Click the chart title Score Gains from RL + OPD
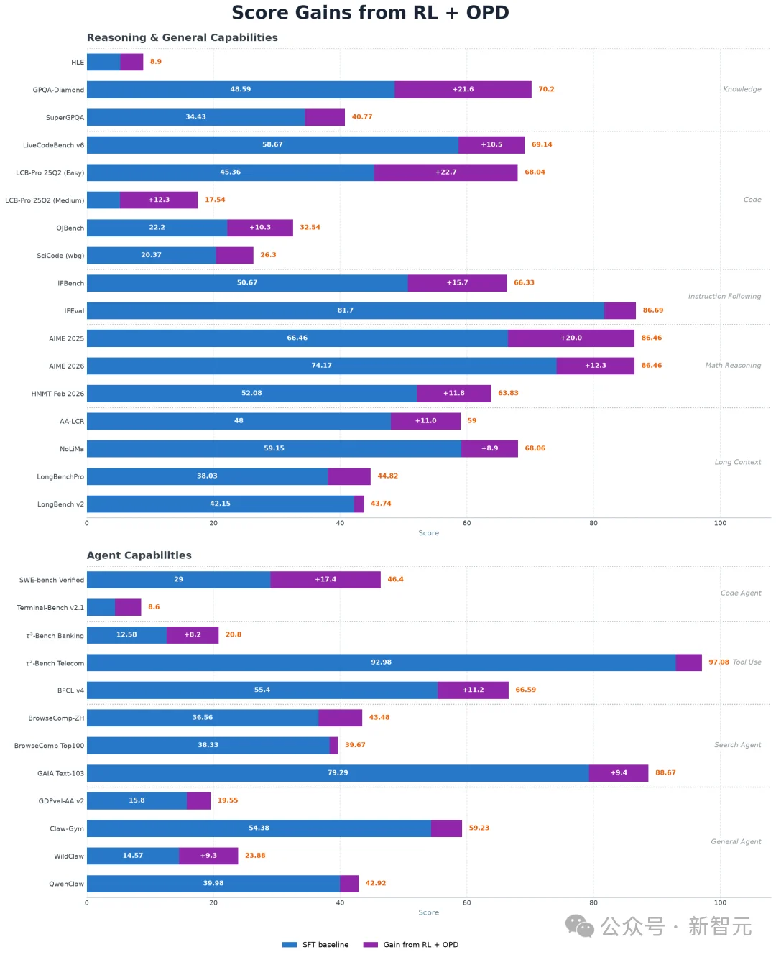click(x=370, y=13)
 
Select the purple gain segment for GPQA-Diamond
click(x=462, y=89)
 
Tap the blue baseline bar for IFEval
click(x=345, y=310)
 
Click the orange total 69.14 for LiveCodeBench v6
click(x=542, y=144)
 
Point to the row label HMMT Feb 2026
click(x=57, y=394)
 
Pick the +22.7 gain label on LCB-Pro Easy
click(x=445, y=172)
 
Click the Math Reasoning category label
click(x=732, y=365)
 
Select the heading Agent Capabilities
click(x=139, y=555)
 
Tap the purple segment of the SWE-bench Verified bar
click(x=325, y=579)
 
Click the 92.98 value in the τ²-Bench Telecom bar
click(x=381, y=662)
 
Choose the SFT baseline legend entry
click(x=315, y=944)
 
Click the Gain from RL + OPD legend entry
click(x=411, y=944)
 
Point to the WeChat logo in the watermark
click(x=579, y=925)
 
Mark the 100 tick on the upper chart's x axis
click(x=719, y=523)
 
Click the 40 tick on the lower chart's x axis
click(x=340, y=902)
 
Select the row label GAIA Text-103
click(x=60, y=773)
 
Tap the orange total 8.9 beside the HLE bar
click(x=155, y=62)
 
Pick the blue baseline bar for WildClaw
click(x=132, y=856)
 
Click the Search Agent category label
click(x=737, y=745)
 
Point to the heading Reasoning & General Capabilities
click(x=182, y=38)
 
